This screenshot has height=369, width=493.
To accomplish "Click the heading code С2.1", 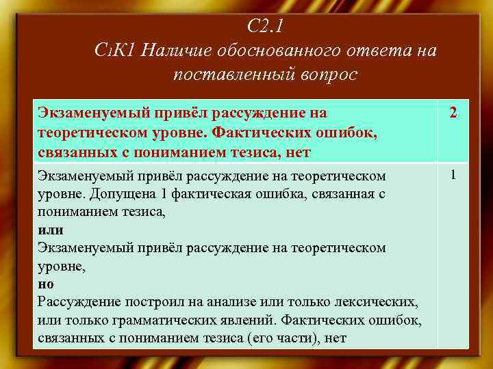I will pyautogui.click(x=265, y=27).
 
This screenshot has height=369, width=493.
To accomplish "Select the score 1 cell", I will pyautogui.click(x=453, y=176).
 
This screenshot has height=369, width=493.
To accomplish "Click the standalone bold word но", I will pyautogui.click(x=46, y=283).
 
